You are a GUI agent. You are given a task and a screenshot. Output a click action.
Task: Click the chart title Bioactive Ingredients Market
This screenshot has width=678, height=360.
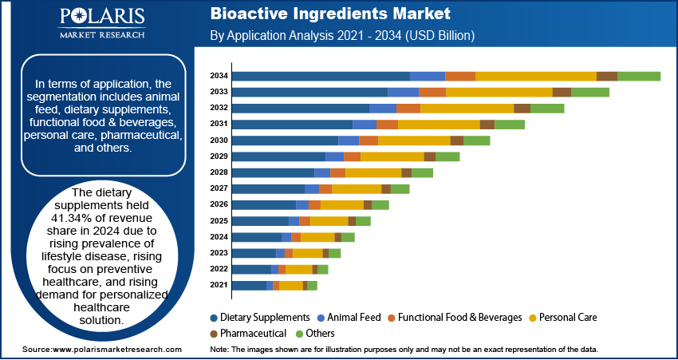click(x=330, y=14)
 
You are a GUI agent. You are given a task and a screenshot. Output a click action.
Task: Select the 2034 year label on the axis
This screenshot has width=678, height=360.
click(x=219, y=76)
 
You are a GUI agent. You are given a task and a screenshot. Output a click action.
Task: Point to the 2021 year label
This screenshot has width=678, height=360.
click(x=219, y=285)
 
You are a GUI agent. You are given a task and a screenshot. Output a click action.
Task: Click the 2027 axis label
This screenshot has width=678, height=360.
click(x=219, y=188)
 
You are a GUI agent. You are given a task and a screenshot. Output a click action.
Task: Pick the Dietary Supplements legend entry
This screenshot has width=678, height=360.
click(x=259, y=317)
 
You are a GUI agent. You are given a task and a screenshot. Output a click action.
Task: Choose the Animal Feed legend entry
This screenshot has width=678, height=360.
click(x=349, y=317)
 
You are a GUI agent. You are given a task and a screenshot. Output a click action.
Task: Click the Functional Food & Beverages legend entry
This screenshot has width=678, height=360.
click(x=454, y=317)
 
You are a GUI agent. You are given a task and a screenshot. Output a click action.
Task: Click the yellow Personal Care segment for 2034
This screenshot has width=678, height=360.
click(x=535, y=76)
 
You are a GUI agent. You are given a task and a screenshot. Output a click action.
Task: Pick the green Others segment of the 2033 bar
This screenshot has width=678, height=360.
click(x=589, y=92)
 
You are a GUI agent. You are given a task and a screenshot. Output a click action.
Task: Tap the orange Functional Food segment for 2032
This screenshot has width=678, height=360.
click(x=408, y=108)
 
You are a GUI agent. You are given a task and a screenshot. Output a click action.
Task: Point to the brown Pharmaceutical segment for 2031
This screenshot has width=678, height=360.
click(x=487, y=124)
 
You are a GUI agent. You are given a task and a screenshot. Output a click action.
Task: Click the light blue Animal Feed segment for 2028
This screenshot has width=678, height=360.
click(x=321, y=172)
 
